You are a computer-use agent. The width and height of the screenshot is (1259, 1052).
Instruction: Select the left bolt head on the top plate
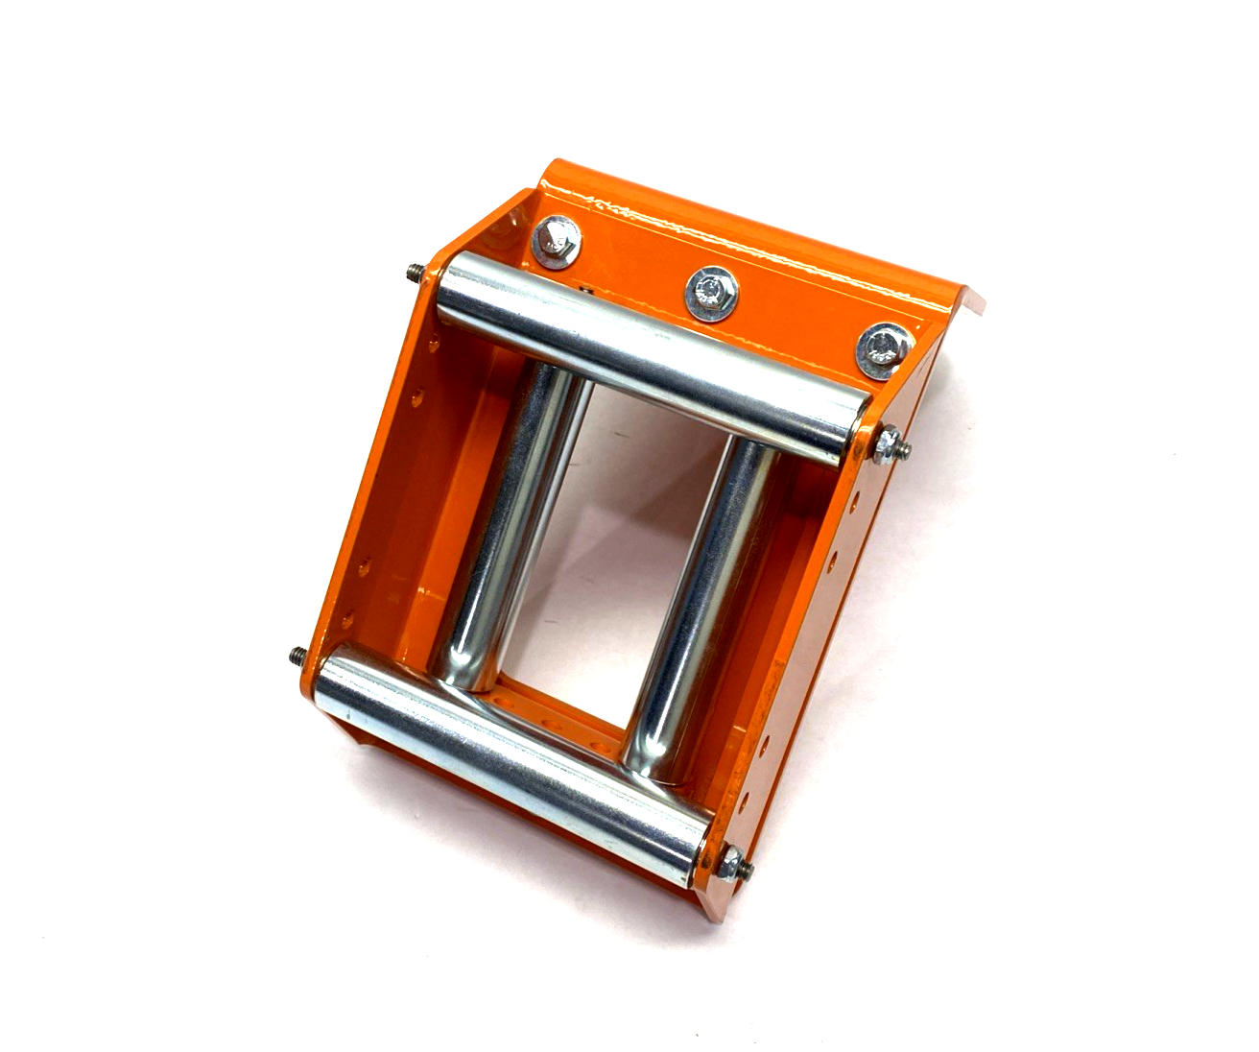point(555,240)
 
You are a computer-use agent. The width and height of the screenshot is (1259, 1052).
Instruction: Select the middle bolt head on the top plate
point(712,289)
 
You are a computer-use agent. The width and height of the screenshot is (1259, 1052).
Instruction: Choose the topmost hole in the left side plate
point(420,394)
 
